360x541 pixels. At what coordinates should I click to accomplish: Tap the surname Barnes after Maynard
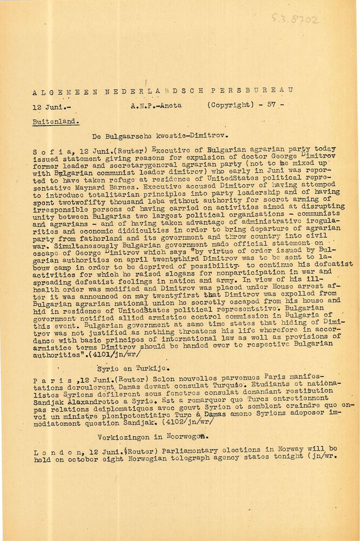point(127,177)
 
